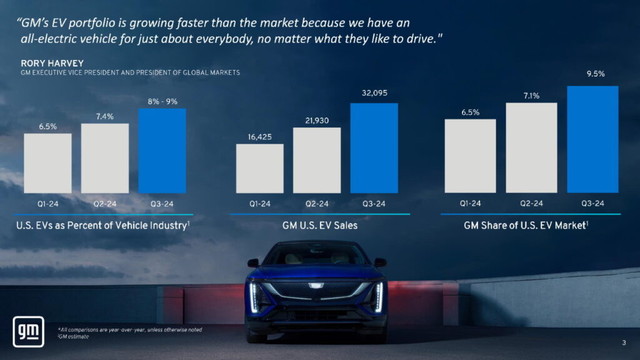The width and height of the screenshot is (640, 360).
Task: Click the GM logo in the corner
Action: click(28, 331)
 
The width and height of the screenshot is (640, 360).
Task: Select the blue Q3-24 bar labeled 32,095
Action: click(374, 148)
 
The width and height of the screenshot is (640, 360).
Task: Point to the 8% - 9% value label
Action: click(162, 101)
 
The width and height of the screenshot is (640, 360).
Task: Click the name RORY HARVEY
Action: click(52, 63)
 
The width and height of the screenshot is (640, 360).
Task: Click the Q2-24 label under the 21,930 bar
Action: click(317, 204)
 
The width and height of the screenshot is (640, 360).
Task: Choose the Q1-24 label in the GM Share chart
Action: click(470, 204)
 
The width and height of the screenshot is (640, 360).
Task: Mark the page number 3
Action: click(624, 342)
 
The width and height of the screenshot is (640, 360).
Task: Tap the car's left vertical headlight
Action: click(254, 296)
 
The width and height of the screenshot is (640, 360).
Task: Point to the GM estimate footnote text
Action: click(74, 337)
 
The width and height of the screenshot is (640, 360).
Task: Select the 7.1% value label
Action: click(531, 96)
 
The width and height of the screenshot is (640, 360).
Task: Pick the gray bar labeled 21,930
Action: click(317, 161)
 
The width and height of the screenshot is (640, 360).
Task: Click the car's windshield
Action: click(316, 255)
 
